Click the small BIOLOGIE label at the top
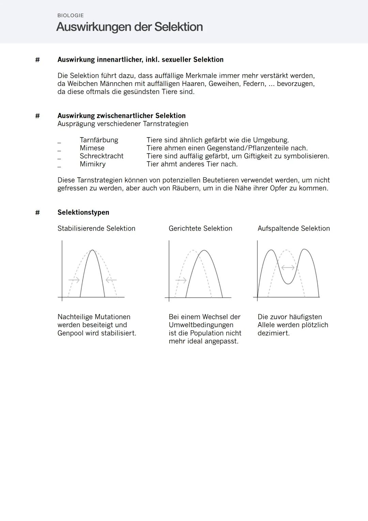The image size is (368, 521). coord(71,15)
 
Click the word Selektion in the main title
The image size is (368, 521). coord(178,27)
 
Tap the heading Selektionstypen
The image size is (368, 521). coord(83,212)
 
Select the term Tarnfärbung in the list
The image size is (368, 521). coord(99,140)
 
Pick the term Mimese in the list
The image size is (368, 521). coord(92,148)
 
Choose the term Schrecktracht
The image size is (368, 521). coord(102,156)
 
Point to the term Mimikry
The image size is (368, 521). coord(93,164)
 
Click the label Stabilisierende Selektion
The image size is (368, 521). coord(96,228)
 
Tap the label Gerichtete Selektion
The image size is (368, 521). coord(200,228)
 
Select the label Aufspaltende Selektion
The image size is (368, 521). coord(294,228)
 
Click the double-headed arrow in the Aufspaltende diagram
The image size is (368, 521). coord(288,267)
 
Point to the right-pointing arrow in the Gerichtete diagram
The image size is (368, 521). coord(181,280)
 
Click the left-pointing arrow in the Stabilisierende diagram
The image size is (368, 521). coord(111,280)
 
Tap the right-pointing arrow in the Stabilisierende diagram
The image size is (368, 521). coord(74,280)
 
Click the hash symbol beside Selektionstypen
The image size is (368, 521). coord(37,212)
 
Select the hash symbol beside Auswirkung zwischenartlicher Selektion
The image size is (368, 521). coord(37,116)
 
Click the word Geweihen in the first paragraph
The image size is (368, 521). coord(224,84)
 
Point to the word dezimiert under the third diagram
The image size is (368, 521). coord(273,333)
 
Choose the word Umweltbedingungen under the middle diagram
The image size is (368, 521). coord(201,325)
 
